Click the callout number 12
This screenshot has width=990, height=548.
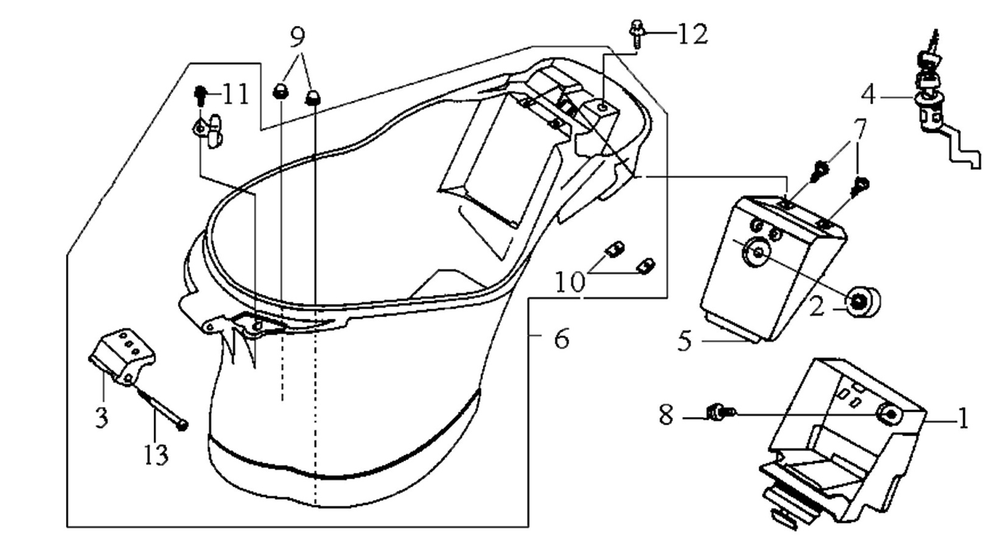pos(692,33)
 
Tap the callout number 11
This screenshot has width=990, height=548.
pos(236,94)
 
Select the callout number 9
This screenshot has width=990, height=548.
pos(298,37)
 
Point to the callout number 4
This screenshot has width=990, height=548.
pos(869,95)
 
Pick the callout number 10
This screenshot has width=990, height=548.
pos(570,282)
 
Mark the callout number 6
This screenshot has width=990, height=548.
pos(561,339)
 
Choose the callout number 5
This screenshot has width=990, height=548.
pos(685,342)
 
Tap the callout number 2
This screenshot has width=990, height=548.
pos(817,306)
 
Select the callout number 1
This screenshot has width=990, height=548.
pos(963,418)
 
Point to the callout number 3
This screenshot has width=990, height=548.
pos(102,417)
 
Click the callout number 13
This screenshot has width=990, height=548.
pos(156,454)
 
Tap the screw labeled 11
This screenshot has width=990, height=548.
pos(200,96)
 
